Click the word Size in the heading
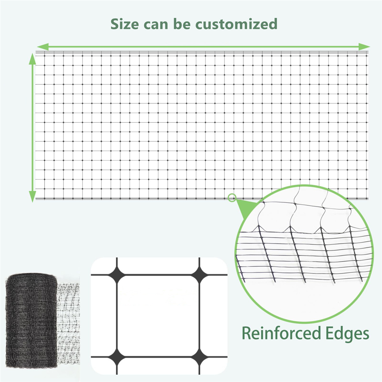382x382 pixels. click(x=124, y=24)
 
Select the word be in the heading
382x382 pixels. click(x=182, y=24)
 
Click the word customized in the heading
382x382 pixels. click(x=236, y=24)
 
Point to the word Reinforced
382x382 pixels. click(x=281, y=334)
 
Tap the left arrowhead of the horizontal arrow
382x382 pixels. click(x=43, y=47)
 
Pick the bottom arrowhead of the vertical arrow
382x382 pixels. click(x=32, y=196)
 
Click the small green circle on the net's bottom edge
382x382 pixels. click(x=232, y=198)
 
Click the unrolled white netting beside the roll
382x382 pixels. click(x=68, y=323)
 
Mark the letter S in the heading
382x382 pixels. click(x=116, y=24)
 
